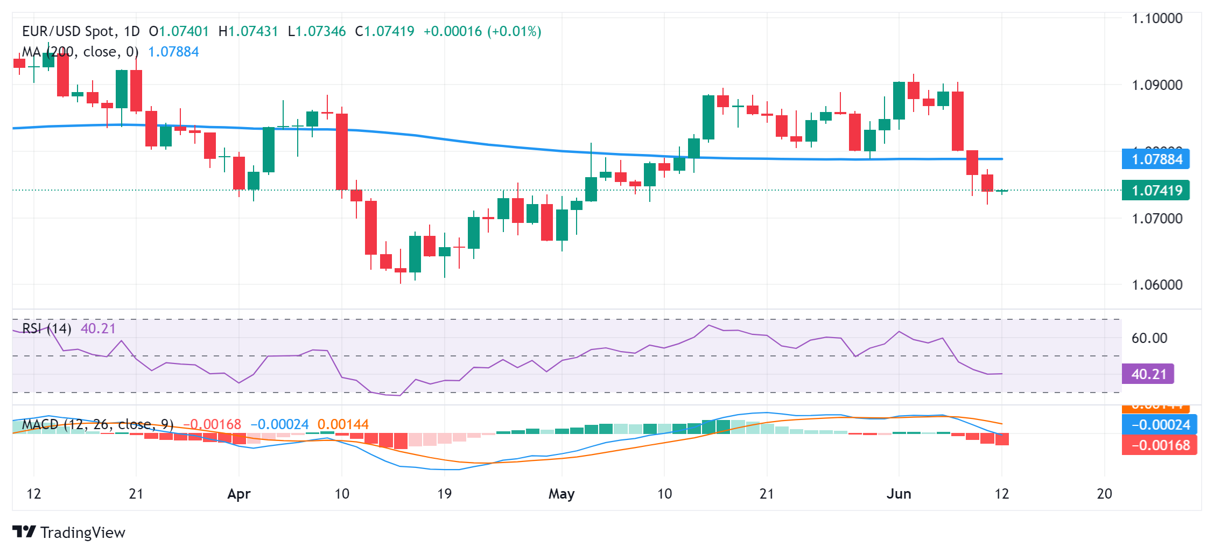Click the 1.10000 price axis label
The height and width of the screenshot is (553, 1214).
1157,18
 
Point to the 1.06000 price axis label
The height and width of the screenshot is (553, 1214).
1157,285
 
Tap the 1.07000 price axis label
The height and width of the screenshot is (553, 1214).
1157,219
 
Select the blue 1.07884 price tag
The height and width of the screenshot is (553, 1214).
1156,159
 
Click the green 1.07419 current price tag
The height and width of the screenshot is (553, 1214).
1156,191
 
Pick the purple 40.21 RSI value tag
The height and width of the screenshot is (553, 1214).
1148,374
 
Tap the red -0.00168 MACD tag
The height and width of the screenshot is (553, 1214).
1160,445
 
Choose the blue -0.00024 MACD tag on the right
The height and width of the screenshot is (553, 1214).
1160,425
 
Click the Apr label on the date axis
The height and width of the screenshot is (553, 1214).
239,494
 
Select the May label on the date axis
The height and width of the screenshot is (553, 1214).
562,494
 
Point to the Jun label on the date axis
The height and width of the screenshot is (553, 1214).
899,494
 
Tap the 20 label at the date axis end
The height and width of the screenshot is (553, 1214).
1104,494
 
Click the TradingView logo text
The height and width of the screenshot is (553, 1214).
82,533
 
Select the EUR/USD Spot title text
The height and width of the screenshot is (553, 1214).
69,31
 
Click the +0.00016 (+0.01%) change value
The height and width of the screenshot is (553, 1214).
482,31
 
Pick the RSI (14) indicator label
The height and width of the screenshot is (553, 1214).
47,328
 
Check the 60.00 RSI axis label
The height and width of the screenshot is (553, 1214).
1149,338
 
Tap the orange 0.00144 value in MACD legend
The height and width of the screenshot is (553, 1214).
343,425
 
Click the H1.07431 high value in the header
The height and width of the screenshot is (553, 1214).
248,31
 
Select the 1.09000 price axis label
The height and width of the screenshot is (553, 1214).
1157,85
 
